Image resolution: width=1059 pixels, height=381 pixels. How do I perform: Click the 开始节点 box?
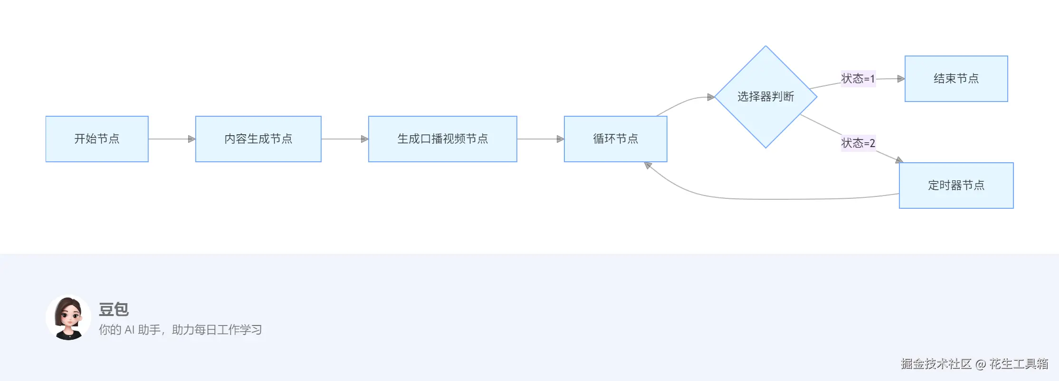click(x=97, y=139)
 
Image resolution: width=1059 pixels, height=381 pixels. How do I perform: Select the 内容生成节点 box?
click(x=258, y=139)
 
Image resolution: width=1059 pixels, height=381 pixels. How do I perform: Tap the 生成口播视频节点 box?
click(x=442, y=139)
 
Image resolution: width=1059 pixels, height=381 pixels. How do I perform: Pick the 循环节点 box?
click(x=615, y=139)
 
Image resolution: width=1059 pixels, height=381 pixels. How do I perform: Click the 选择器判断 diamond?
click(x=765, y=97)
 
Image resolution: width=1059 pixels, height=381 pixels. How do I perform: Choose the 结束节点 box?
click(x=956, y=79)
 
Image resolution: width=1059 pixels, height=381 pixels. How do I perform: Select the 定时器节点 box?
click(x=956, y=186)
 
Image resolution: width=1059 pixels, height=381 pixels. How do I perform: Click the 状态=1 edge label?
click(x=858, y=79)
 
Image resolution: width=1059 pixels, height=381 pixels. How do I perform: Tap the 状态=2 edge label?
click(x=858, y=143)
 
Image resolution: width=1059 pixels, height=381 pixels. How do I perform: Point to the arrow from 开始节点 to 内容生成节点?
click(x=171, y=139)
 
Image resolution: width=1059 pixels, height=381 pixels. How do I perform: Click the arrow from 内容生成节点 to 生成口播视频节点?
click(x=344, y=139)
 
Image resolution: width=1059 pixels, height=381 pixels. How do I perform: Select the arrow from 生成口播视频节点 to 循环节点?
click(x=540, y=139)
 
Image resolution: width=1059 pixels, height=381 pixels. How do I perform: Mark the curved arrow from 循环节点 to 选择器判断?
click(x=684, y=102)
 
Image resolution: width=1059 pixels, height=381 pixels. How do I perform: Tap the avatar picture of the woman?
click(x=68, y=317)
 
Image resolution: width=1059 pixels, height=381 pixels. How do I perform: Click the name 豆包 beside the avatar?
click(x=114, y=309)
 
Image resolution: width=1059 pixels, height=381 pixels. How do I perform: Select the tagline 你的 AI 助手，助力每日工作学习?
click(x=180, y=330)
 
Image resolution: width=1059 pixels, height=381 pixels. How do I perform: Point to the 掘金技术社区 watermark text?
click(x=936, y=364)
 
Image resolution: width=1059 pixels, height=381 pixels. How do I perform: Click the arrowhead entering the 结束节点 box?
click(x=901, y=79)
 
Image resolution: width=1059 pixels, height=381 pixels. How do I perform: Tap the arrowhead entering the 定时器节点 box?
click(x=899, y=160)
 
